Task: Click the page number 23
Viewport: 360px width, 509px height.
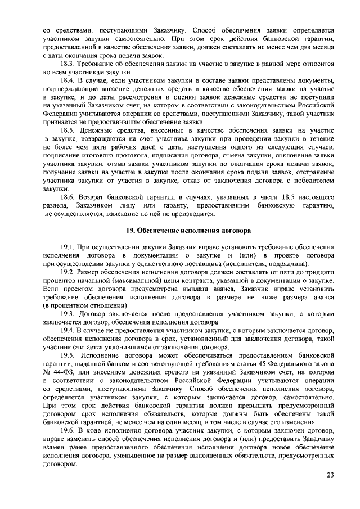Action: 330,475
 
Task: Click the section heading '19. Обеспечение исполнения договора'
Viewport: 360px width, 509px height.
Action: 179,231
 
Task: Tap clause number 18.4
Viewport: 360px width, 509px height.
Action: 69,82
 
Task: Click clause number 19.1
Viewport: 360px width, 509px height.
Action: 69,247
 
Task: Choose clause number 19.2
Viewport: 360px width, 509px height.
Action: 69,272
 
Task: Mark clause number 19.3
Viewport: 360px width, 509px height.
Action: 69,313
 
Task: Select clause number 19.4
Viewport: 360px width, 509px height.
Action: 69,331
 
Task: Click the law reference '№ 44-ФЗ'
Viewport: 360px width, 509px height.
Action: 56,366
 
